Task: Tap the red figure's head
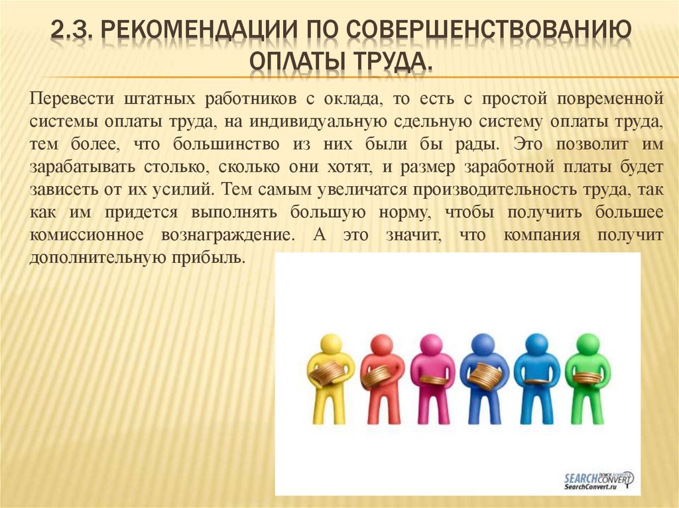[x=381, y=344]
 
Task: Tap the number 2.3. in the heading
[x=74, y=30]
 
